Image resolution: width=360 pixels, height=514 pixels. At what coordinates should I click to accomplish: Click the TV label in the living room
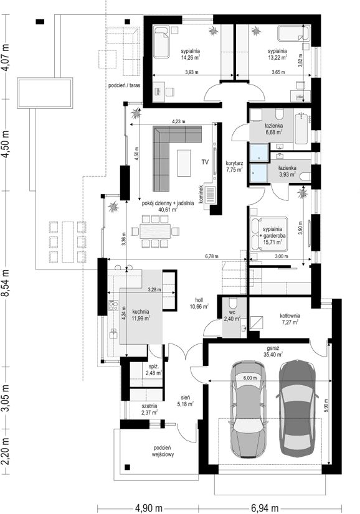(x=205, y=162)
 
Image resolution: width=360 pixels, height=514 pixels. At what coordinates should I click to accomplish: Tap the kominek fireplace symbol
(x=210, y=195)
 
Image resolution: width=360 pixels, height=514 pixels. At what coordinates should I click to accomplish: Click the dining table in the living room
(x=155, y=231)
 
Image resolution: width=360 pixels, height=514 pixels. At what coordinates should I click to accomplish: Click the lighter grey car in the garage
(x=248, y=409)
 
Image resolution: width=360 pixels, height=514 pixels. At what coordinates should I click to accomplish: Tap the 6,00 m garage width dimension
(x=250, y=378)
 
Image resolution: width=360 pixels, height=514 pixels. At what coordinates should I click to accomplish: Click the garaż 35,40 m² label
(x=273, y=352)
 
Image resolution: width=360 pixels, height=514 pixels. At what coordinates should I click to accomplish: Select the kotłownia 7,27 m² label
(x=290, y=319)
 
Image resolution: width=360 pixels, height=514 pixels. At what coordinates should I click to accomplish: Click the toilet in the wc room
(x=233, y=302)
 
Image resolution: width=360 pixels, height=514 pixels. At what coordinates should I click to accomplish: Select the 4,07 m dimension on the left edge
(x=6, y=57)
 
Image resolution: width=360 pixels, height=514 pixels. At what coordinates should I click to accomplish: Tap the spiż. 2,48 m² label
(x=154, y=370)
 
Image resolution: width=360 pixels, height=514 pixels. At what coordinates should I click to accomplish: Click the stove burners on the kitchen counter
(x=113, y=306)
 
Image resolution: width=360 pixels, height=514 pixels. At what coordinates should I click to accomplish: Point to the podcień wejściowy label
(x=163, y=451)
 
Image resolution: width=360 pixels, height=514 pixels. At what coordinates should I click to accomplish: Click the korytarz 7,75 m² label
(x=234, y=166)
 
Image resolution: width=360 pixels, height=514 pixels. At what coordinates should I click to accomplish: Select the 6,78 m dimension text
(x=212, y=256)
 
